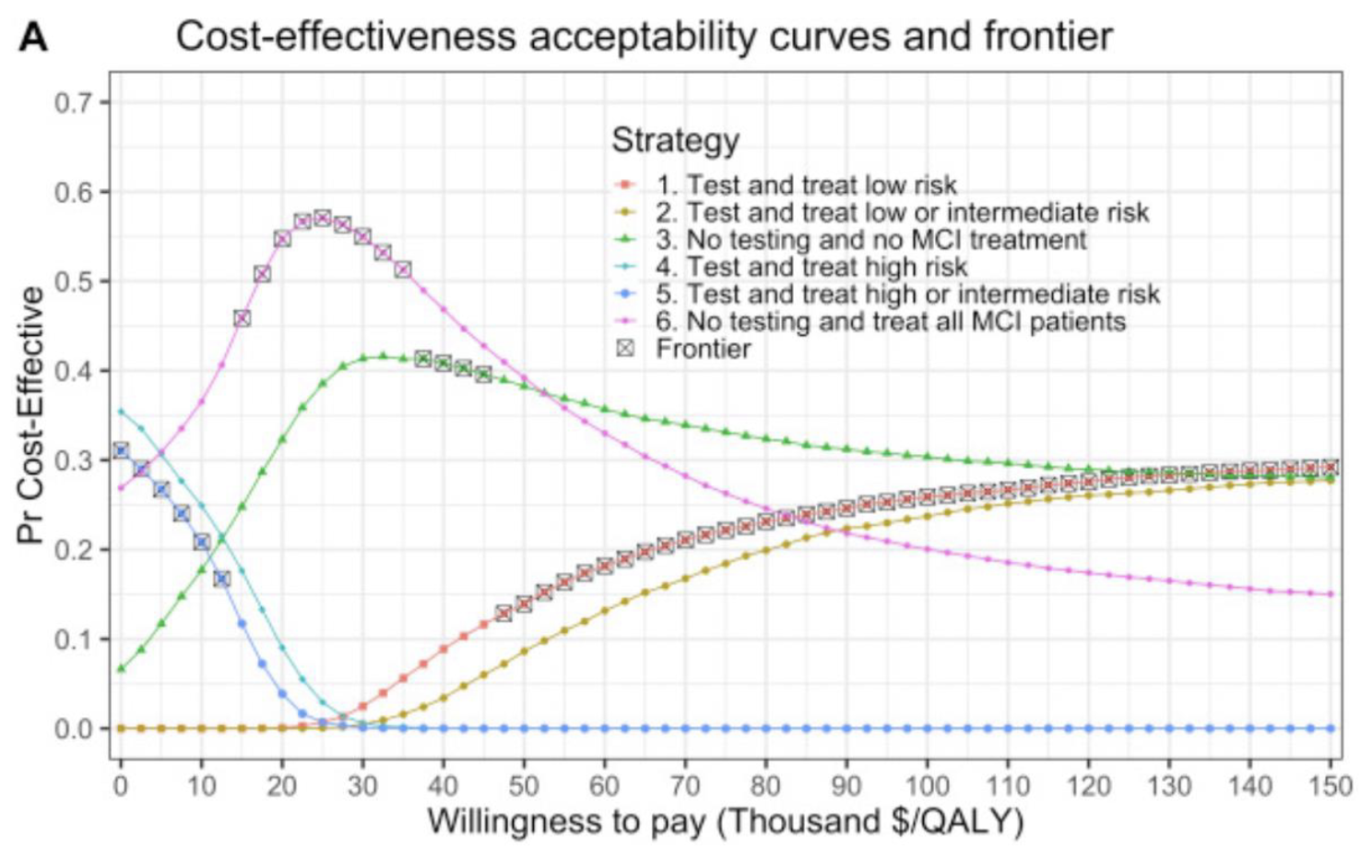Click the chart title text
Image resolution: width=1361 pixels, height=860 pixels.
[x=644, y=37]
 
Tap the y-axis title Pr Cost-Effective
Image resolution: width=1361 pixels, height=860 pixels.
[x=31, y=415]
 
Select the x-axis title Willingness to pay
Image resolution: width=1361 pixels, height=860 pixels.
[x=725, y=820]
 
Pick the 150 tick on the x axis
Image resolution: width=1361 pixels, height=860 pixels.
[x=1330, y=786]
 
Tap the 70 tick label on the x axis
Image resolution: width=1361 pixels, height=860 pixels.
[x=684, y=786]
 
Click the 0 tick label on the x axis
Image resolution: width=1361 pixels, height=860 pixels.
[x=121, y=786]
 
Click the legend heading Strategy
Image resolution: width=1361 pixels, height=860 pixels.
[x=675, y=140]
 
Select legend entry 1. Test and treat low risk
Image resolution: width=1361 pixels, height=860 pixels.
[x=806, y=185]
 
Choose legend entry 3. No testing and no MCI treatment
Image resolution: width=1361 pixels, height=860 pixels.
[x=870, y=240]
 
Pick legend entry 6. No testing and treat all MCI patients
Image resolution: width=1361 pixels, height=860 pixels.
[x=891, y=322]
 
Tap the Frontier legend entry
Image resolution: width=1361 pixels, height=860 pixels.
[x=703, y=349]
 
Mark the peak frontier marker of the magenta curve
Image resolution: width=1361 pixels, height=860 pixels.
[x=322, y=218]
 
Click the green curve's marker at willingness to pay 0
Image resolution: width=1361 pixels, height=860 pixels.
[x=121, y=668]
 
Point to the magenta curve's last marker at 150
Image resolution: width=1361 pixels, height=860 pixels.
[x=1330, y=594]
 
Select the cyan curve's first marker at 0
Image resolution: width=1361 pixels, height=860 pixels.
[x=121, y=411]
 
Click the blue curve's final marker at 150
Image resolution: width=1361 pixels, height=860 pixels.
[x=1330, y=728]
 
